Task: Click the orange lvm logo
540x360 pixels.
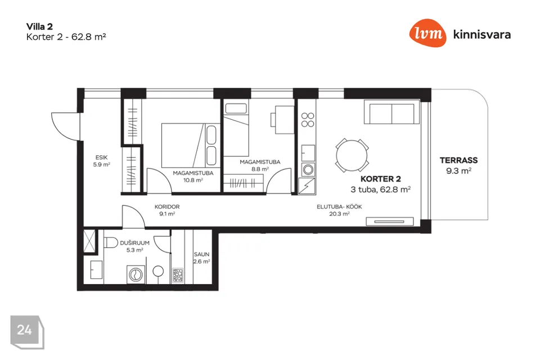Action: pyautogui.click(x=427, y=33)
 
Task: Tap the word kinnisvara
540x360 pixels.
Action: pyautogui.click(x=482, y=34)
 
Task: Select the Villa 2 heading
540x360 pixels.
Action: pyautogui.click(x=39, y=26)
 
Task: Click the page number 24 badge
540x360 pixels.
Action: pyautogui.click(x=27, y=332)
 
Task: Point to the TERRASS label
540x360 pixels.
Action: pyautogui.click(x=458, y=160)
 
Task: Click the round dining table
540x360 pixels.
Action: pyautogui.click(x=352, y=155)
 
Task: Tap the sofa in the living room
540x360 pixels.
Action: pyautogui.click(x=392, y=112)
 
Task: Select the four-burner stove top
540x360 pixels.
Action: pyautogui.click(x=308, y=120)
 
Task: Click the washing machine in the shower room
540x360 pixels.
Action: pyautogui.click(x=136, y=274)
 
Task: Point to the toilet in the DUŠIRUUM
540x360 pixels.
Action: pyautogui.click(x=111, y=242)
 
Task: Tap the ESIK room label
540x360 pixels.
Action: pyautogui.click(x=102, y=157)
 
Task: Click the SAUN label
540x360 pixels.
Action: pyautogui.click(x=201, y=254)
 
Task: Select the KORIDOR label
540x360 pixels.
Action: pyautogui.click(x=167, y=206)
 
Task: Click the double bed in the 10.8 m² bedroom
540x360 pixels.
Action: pyautogui.click(x=189, y=145)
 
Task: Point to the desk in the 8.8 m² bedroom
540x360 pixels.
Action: pyautogui.click(x=284, y=120)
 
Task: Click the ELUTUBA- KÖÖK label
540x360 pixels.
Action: pyautogui.click(x=339, y=206)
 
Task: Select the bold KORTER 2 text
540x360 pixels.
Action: pyautogui.click(x=381, y=179)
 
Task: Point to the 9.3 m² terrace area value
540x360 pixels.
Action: pyautogui.click(x=459, y=170)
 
